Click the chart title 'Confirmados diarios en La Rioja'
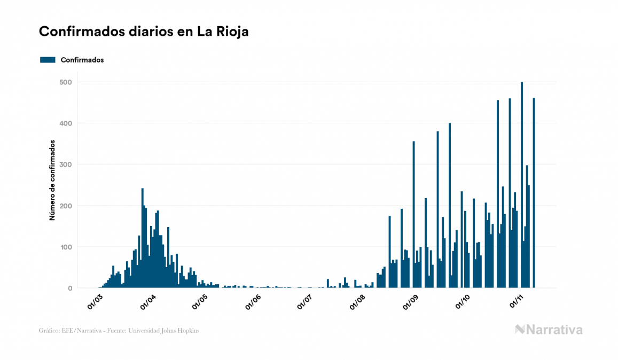click(x=144, y=32)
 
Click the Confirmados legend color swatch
click(x=48, y=60)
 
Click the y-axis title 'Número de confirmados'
click(x=52, y=181)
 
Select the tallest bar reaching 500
click(x=522, y=185)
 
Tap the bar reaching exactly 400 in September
click(x=450, y=206)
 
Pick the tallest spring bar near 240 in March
click(x=142, y=238)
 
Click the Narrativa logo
click(x=549, y=330)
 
